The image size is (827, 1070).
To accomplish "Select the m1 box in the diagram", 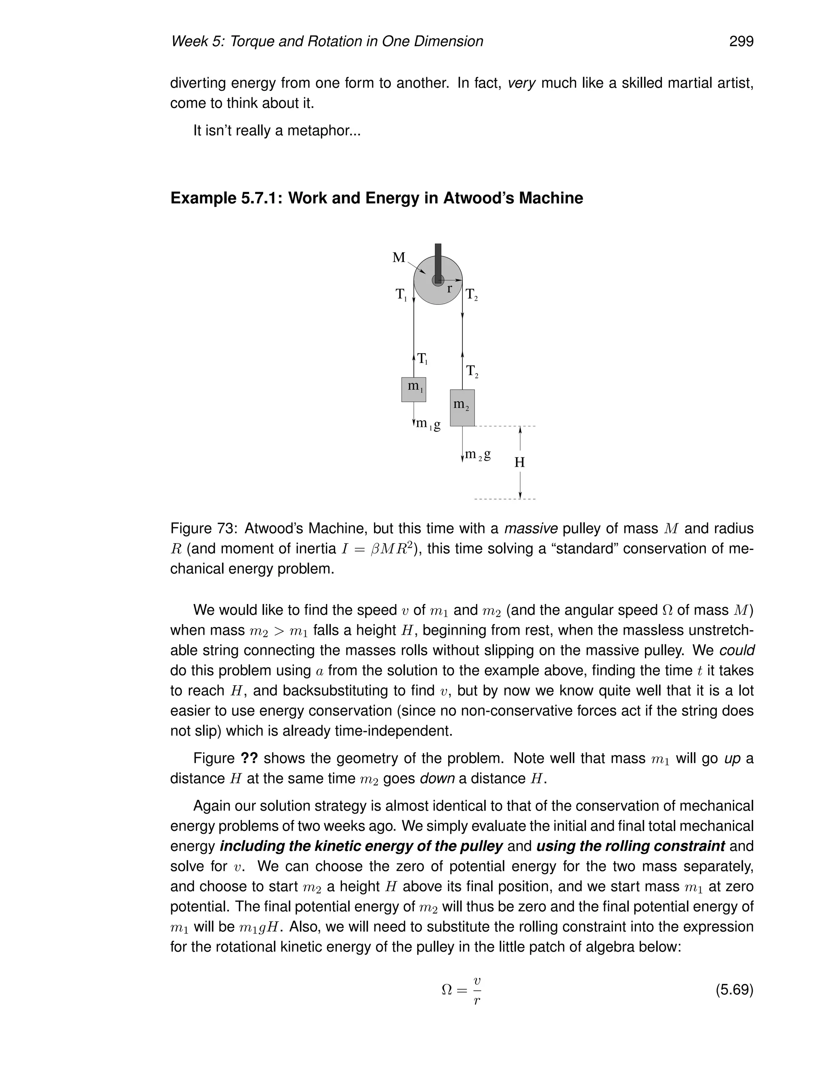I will click(413, 390).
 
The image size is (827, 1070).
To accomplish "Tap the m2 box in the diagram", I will click(462, 408).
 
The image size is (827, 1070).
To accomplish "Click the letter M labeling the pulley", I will click(399, 258).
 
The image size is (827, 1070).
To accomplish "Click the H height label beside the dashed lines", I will click(519, 462).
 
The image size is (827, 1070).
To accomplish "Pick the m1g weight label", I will click(428, 424).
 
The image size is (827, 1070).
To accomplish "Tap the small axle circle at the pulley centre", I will click(437, 280).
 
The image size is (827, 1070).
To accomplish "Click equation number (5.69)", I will click(734, 990).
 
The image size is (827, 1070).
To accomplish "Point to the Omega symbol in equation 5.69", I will click(447, 990).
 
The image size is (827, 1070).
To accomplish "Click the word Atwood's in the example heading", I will click(480, 198).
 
